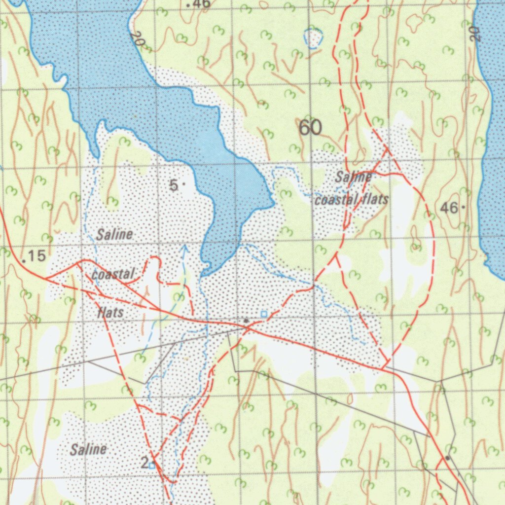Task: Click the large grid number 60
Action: click(x=310, y=128)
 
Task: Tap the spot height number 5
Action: click(x=174, y=186)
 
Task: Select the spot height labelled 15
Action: click(x=36, y=256)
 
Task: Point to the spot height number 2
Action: click(x=144, y=463)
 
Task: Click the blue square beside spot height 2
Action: click(x=152, y=465)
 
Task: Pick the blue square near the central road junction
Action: click(x=263, y=314)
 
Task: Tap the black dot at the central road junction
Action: click(x=246, y=321)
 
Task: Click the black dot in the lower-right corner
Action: click(x=447, y=458)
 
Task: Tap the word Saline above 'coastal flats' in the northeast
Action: click(x=353, y=177)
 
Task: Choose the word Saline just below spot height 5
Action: click(x=114, y=234)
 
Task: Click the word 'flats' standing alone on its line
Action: click(x=110, y=312)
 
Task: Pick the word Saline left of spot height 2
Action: click(x=88, y=449)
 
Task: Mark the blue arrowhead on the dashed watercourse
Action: click(x=183, y=248)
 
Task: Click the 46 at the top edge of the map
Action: click(x=201, y=4)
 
